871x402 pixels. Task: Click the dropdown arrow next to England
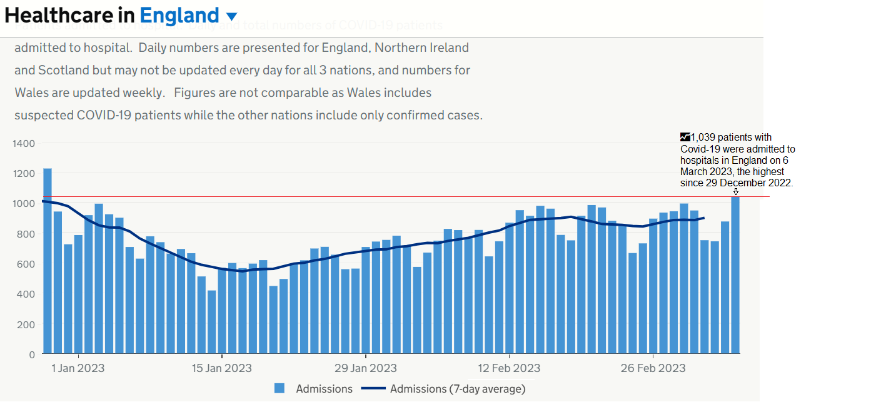pos(231,16)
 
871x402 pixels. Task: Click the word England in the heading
pos(179,15)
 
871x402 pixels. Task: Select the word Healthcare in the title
pos(69,15)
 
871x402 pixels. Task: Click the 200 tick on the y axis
pos(26,324)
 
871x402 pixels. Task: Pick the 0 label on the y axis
pos(31,354)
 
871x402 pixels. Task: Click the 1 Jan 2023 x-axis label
pos(78,368)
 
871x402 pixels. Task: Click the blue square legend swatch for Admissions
pos(279,389)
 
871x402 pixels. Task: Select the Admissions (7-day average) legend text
pos(458,389)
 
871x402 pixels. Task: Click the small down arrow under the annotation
pos(736,192)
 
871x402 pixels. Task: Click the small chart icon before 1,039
pos(685,136)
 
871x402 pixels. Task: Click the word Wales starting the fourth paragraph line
pos(30,93)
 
